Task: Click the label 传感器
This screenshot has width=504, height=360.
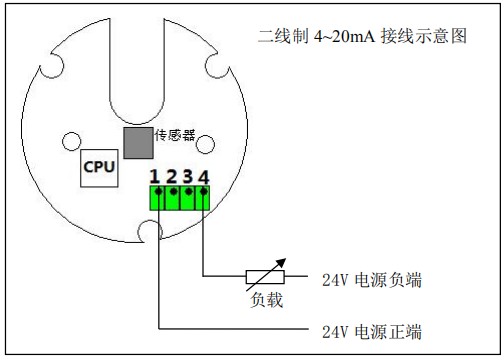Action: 174,134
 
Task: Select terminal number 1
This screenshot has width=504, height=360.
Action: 156,176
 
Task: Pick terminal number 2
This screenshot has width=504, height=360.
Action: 172,176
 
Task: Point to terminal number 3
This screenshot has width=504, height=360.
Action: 188,176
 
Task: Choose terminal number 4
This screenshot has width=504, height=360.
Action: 204,176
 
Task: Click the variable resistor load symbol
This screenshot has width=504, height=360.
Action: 265,276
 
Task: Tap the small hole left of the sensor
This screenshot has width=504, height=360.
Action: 73,139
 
